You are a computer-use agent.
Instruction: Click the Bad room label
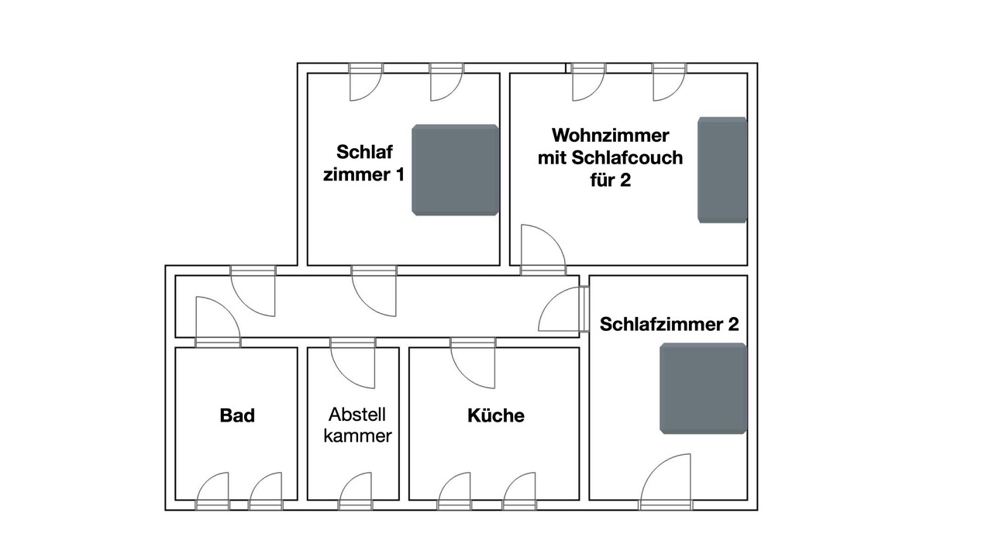[x=237, y=415]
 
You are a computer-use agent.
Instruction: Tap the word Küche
[x=496, y=415]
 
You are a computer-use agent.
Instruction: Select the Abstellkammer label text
[x=358, y=425]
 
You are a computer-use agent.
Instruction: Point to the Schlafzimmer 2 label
[x=669, y=324]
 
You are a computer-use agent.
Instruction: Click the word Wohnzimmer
[x=610, y=136]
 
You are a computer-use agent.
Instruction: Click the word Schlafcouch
[x=627, y=157]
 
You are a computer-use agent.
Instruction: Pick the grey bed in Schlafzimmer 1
[x=455, y=170]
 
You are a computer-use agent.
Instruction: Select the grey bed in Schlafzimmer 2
[x=703, y=388]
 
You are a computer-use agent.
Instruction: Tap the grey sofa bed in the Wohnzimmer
[x=722, y=170]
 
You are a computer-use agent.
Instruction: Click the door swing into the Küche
[x=473, y=363]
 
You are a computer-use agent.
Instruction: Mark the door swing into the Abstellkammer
[x=353, y=363]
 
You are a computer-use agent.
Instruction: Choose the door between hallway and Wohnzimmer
[x=543, y=250]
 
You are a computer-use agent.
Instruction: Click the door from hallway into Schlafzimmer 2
[x=563, y=309]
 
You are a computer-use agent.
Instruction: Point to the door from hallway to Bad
[x=218, y=322]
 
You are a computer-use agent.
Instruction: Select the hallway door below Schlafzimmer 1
[x=374, y=291]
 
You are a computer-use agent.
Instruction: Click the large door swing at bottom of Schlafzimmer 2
[x=666, y=482]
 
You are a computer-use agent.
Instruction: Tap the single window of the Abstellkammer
[x=356, y=491]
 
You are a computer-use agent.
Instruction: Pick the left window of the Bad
[x=212, y=491]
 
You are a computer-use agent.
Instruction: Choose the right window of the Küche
[x=520, y=491]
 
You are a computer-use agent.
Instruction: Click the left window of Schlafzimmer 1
[x=366, y=82]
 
